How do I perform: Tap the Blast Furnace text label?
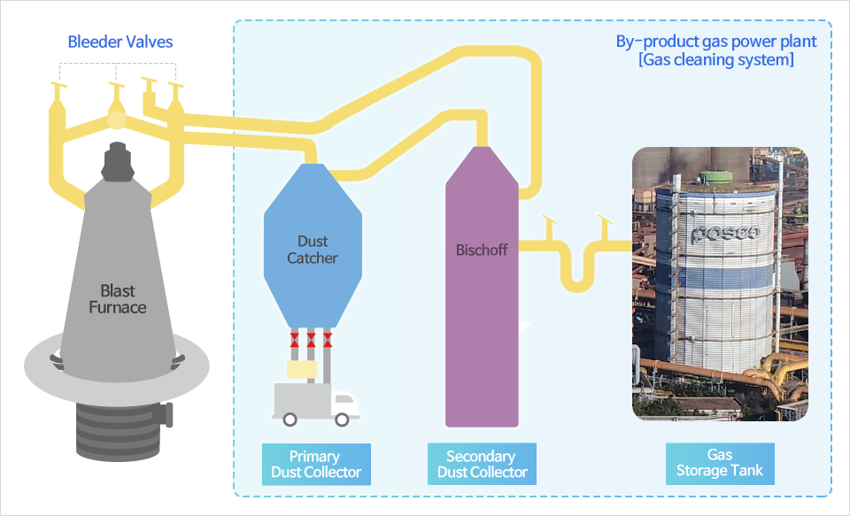click(x=118, y=299)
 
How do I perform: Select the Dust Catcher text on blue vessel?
click(x=313, y=250)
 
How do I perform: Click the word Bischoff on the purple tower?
click(x=481, y=250)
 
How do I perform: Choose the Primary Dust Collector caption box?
click(x=316, y=464)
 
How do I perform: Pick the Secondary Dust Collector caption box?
click(x=481, y=464)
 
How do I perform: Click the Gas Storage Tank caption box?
click(x=720, y=464)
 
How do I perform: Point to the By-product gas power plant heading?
click(x=716, y=42)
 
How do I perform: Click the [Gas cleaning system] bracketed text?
click(x=715, y=60)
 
